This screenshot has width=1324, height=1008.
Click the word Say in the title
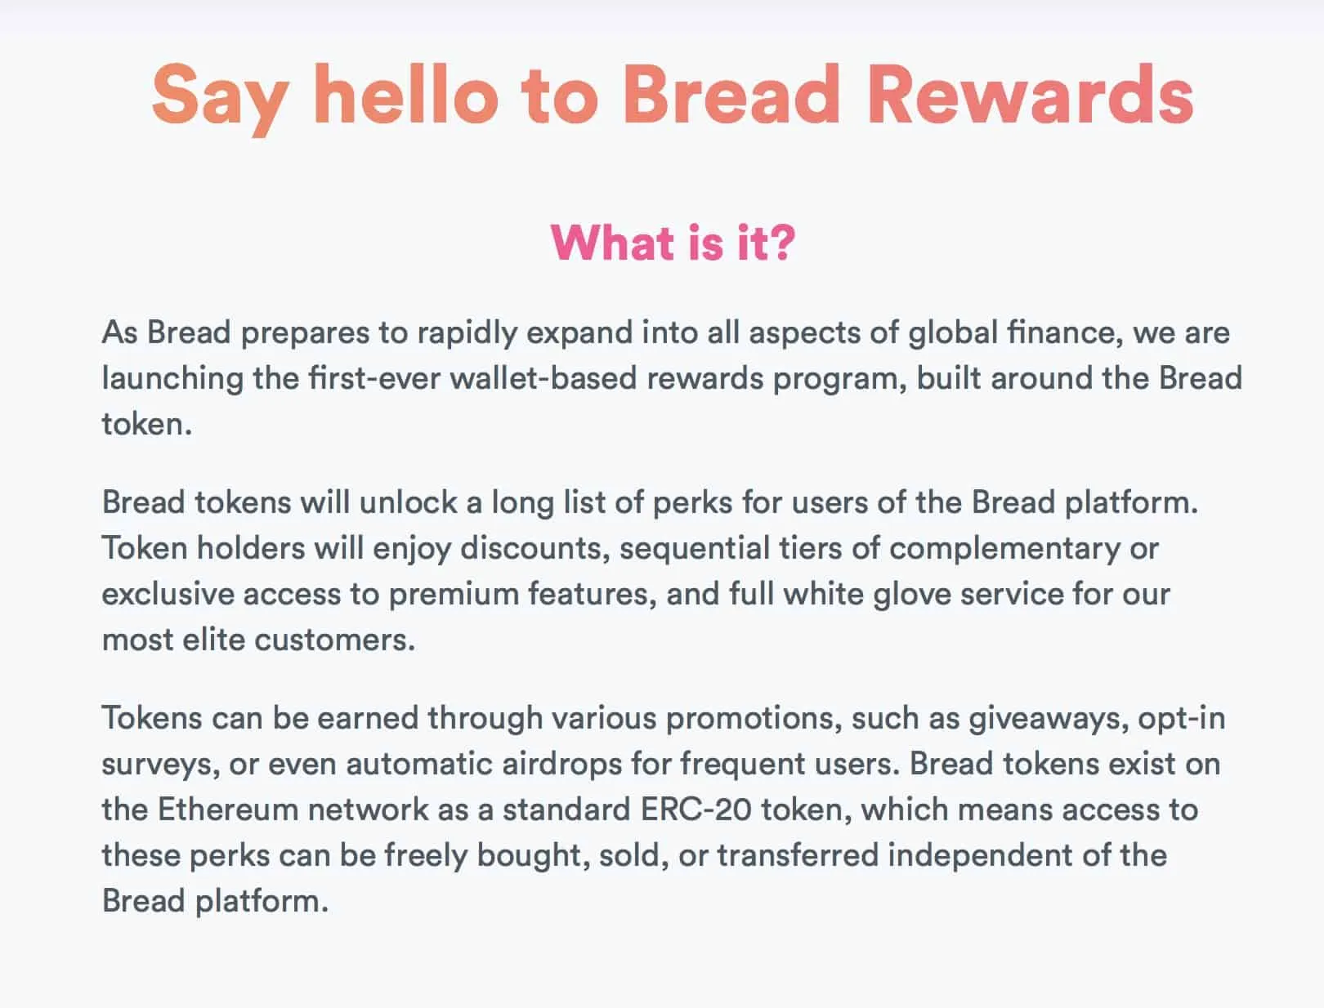pyautogui.click(x=220, y=96)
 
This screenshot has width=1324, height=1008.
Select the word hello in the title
pyautogui.click(x=405, y=94)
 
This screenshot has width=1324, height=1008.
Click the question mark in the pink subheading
pyautogui.click(x=782, y=243)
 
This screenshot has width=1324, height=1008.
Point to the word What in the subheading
pyautogui.click(x=612, y=243)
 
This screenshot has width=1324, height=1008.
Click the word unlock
pyautogui.click(x=408, y=502)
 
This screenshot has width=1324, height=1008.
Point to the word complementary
pyautogui.click(x=1004, y=550)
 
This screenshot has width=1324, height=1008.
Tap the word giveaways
pyautogui.click(x=1049, y=720)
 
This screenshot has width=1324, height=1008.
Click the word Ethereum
pyautogui.click(x=228, y=810)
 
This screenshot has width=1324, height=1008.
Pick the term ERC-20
pyautogui.click(x=696, y=810)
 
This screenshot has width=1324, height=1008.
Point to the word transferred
pyautogui.click(x=798, y=855)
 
